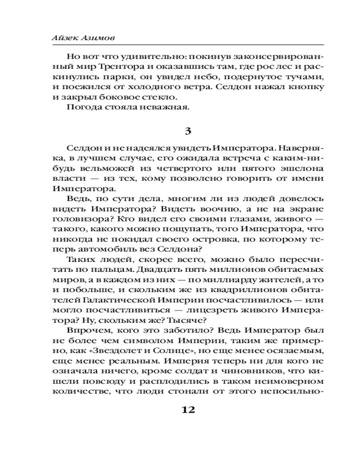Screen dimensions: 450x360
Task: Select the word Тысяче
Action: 186,320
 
